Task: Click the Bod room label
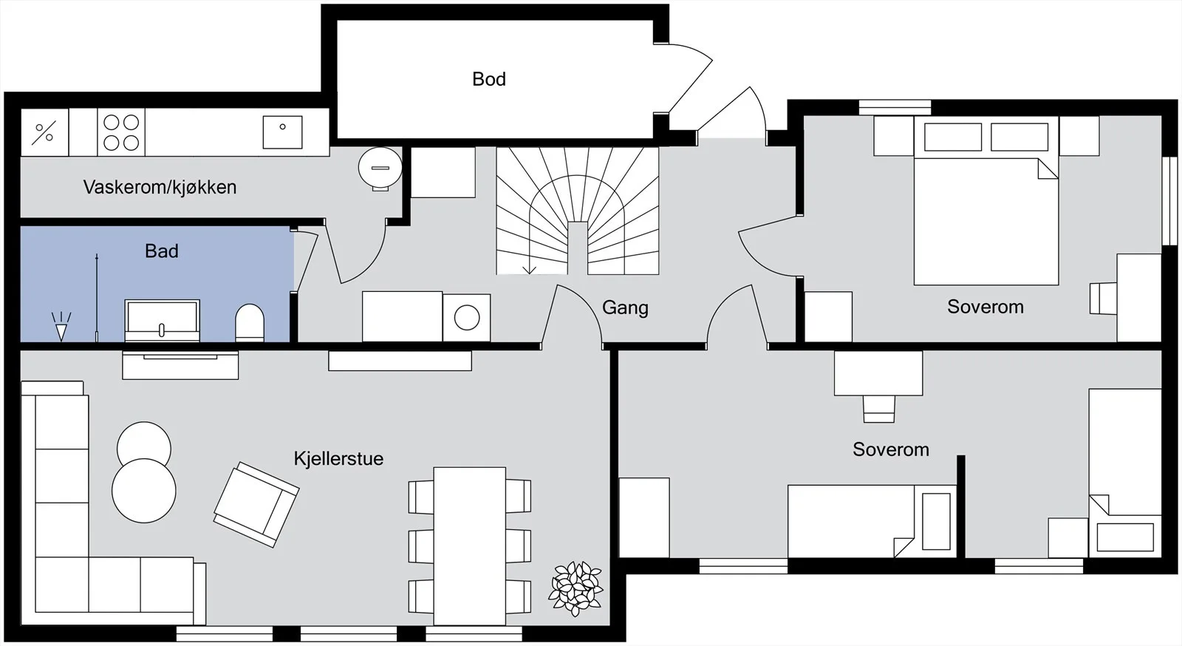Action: point(488,79)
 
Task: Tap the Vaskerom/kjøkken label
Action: point(160,187)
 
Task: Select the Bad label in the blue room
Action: point(162,251)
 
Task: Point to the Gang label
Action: point(625,307)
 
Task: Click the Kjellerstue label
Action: point(338,458)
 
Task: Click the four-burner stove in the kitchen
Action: point(121,132)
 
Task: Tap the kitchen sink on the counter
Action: point(282,132)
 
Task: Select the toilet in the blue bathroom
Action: point(249,322)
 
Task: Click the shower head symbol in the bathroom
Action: point(61,326)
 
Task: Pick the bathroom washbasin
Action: point(162,320)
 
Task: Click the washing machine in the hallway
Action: point(466,318)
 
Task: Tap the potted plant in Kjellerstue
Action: point(575,588)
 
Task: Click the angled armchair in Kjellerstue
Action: point(256,505)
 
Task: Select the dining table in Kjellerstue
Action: point(470,546)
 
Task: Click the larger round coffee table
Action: point(144,491)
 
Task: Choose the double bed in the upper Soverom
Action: point(986,201)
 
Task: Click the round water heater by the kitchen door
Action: point(380,169)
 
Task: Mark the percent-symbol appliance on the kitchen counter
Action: point(44,132)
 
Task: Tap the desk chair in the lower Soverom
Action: point(878,409)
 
